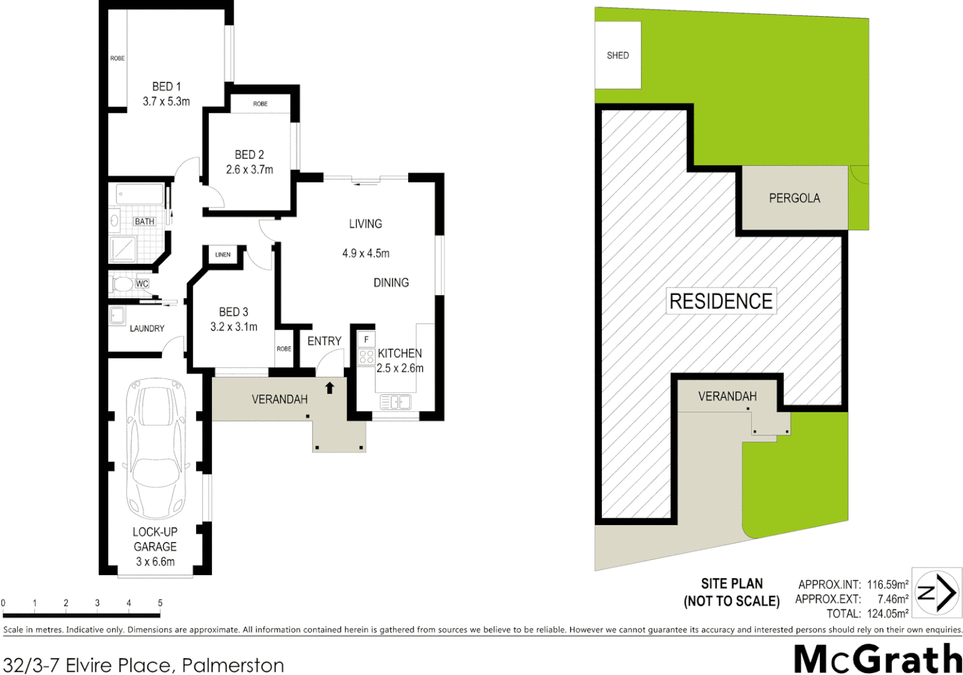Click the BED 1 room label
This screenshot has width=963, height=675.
tap(166, 87)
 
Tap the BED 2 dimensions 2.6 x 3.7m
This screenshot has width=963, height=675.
tap(249, 169)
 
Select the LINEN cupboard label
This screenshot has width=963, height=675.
tap(222, 254)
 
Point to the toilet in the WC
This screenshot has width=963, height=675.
tap(122, 284)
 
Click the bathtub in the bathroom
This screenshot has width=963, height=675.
tap(139, 195)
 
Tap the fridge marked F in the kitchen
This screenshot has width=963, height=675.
tap(366, 339)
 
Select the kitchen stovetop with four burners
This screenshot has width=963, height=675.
tap(366, 357)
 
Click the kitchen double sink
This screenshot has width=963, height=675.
tap(395, 402)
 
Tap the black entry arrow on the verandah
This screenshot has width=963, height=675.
tap(330, 388)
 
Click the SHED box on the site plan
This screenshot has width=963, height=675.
tap(617, 55)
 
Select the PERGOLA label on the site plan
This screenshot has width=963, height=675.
tap(794, 198)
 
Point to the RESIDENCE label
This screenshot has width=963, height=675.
tap(721, 301)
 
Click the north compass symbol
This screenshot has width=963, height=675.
tap(937, 592)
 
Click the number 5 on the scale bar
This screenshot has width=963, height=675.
tap(160, 603)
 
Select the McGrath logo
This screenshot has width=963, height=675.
tap(877, 659)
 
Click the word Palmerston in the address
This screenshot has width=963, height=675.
tap(232, 665)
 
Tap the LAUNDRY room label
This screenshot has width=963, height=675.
tap(147, 328)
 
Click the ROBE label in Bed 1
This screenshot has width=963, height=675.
tap(117, 58)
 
